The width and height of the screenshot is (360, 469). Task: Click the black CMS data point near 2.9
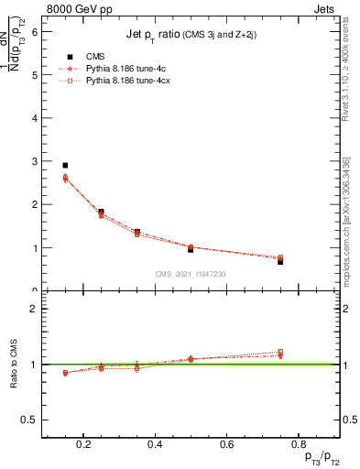(x=65, y=166)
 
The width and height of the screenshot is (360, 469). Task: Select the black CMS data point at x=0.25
(x=101, y=212)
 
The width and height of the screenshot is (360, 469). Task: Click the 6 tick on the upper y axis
(x=36, y=31)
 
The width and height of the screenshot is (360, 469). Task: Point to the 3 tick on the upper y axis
(x=36, y=161)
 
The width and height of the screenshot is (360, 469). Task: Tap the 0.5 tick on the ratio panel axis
(x=33, y=420)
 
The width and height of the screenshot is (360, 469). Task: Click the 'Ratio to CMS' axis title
(x=15, y=365)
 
